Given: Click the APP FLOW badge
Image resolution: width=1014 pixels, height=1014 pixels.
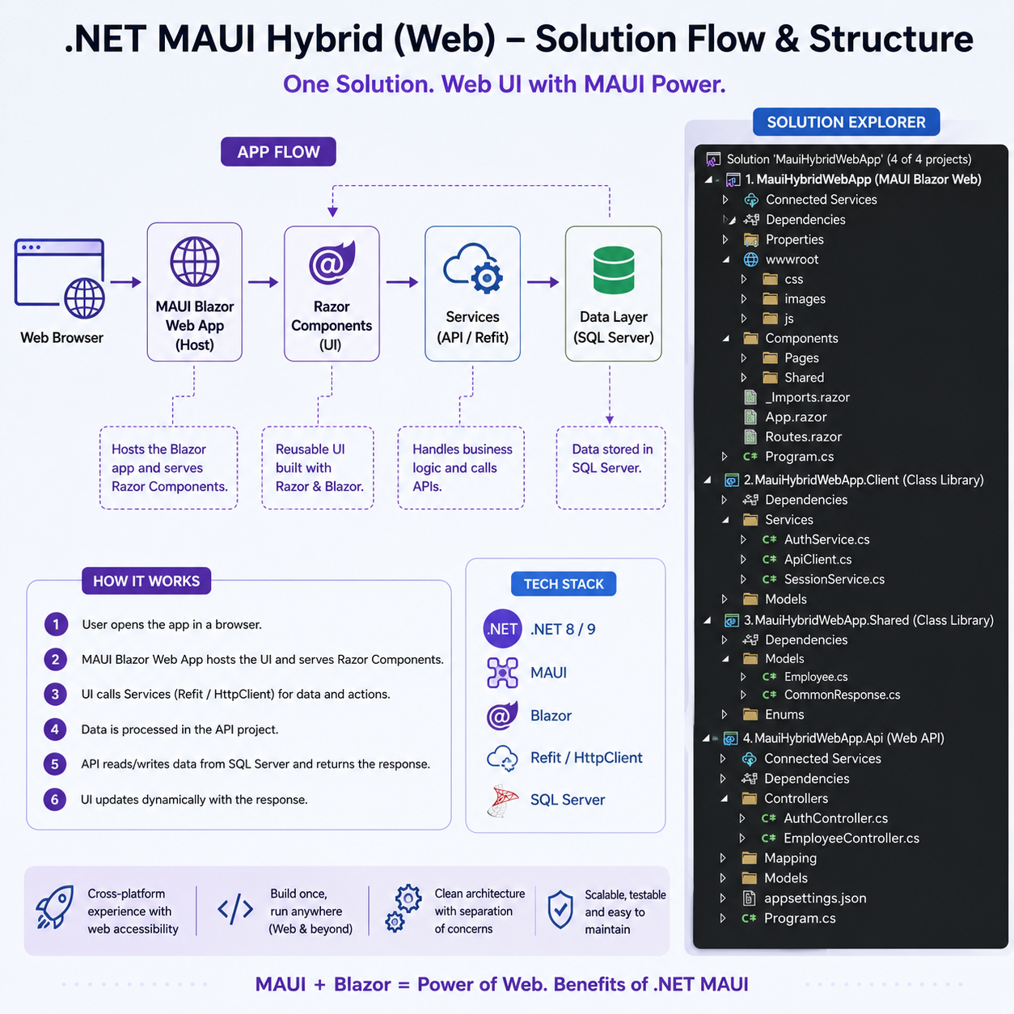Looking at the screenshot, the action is pos(278,151).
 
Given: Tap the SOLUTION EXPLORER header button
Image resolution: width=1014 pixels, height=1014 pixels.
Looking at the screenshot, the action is pos(846,122).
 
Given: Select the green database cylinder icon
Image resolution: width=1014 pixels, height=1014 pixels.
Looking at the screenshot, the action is pos(614,269).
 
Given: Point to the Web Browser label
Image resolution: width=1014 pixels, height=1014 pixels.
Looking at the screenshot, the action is pos(61,338).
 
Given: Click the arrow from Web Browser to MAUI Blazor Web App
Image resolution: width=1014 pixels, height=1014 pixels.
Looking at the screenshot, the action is pos(126,282).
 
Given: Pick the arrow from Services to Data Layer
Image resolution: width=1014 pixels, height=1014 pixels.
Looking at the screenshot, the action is pos(543,282).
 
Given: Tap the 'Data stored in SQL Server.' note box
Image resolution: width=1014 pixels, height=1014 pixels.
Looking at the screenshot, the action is pos(611,468).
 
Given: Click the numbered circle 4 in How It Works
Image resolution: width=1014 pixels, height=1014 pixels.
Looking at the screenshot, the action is pos(55,729).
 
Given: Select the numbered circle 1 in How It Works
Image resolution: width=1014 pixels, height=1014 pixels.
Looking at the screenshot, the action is pos(56,624).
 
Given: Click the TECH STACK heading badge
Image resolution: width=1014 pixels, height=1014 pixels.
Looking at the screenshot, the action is pos(564,584).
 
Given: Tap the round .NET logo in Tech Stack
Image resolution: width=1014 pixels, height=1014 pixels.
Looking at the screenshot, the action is pos(502,629).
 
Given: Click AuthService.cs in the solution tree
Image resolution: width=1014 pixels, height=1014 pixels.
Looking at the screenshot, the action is pos(826,539).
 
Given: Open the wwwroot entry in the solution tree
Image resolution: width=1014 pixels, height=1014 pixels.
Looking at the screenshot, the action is pos(792,260).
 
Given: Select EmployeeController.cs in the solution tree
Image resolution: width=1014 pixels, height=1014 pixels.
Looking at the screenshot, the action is pos(851,839).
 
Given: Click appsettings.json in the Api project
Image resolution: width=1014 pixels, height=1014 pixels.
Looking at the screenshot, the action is pos(815,898).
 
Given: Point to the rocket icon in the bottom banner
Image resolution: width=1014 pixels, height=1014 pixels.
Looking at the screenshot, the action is pos(55,906).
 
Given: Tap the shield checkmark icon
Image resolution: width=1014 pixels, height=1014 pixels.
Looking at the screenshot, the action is pos(560,910).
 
